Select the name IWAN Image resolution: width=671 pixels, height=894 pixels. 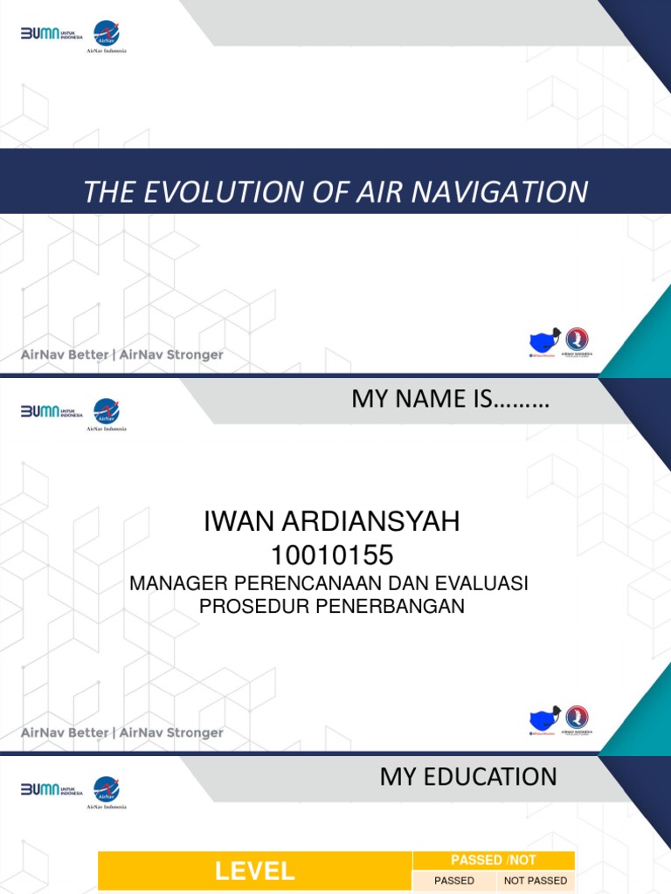pyautogui.click(x=239, y=522)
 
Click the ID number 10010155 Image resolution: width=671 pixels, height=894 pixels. pyautogui.click(x=331, y=554)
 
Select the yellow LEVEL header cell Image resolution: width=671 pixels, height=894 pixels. pyautogui.click(x=255, y=870)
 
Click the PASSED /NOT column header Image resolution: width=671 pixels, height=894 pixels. pyautogui.click(x=494, y=860)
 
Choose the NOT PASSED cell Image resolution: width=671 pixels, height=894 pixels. pyautogui.click(x=536, y=880)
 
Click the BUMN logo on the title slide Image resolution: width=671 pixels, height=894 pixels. pyautogui.click(x=51, y=34)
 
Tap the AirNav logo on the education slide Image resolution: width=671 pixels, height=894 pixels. pyautogui.click(x=107, y=789)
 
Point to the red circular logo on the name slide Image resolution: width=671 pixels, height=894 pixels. pyautogui.click(x=577, y=718)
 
